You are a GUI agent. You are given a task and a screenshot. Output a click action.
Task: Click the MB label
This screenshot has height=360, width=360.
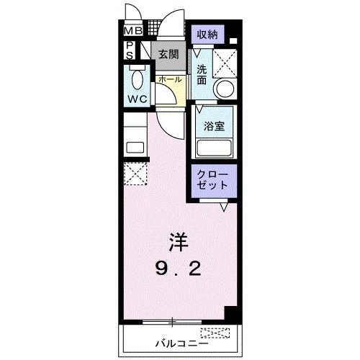coord(132,31)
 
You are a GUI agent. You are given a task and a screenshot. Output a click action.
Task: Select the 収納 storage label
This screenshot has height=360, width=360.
coord(207,35)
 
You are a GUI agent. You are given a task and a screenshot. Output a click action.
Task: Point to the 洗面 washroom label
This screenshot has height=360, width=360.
coord(202,75)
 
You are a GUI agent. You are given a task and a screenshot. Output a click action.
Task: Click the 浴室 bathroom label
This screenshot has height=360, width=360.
coord(214,125)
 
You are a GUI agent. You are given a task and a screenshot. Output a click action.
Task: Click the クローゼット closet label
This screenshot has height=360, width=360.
coord(212,180)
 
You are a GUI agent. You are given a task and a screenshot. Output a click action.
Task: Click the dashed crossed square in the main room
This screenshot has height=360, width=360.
coord(134,174)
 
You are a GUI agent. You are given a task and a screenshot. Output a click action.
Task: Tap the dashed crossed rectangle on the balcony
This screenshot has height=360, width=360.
coord(216,333)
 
